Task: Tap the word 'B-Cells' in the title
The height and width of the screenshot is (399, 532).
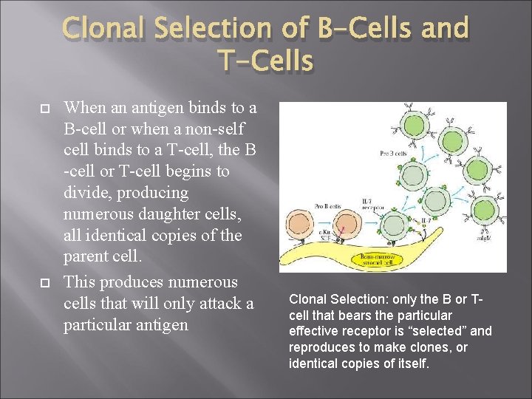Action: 363,29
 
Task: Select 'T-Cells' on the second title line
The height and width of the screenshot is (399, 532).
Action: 265,61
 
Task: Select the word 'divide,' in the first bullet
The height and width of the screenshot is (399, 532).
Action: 89,193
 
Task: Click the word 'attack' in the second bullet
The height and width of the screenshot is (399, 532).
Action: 199,304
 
